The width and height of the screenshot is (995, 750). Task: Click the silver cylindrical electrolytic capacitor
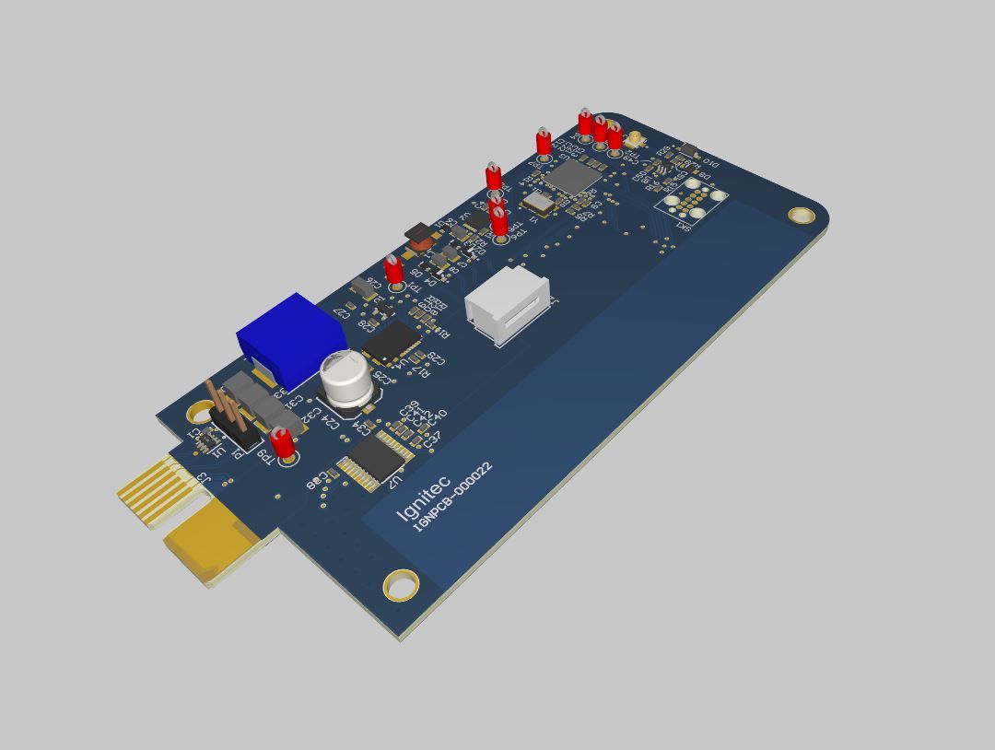tap(347, 381)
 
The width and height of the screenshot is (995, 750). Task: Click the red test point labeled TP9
tap(283, 443)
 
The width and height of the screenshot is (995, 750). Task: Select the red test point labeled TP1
tap(394, 271)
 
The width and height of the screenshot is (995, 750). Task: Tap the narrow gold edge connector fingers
tap(157, 486)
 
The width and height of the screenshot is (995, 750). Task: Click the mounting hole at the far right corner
tap(802, 216)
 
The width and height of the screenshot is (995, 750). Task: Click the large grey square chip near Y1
tap(573, 178)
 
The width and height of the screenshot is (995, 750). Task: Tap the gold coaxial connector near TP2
tap(635, 141)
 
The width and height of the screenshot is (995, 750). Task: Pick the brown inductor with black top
tap(420, 236)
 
